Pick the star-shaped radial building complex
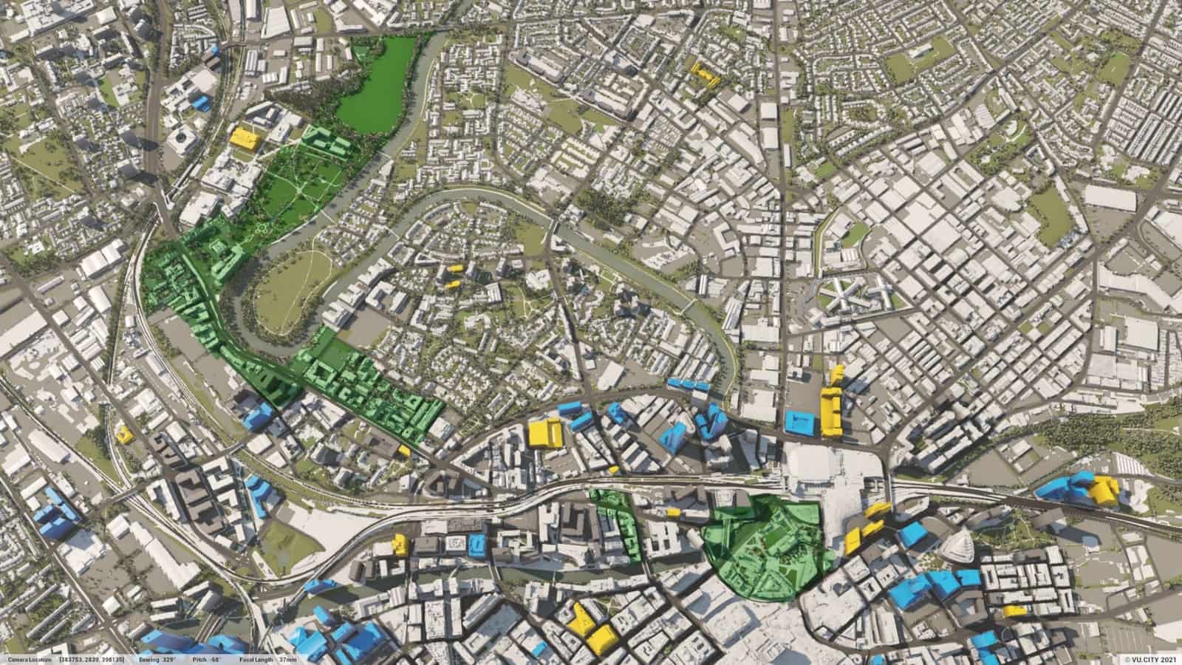[x=847, y=293]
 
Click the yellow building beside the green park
[x=244, y=138]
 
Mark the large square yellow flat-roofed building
[x=546, y=432]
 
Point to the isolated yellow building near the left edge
[x=125, y=434]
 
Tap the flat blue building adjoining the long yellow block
[x=799, y=422]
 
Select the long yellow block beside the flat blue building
[x=831, y=405]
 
